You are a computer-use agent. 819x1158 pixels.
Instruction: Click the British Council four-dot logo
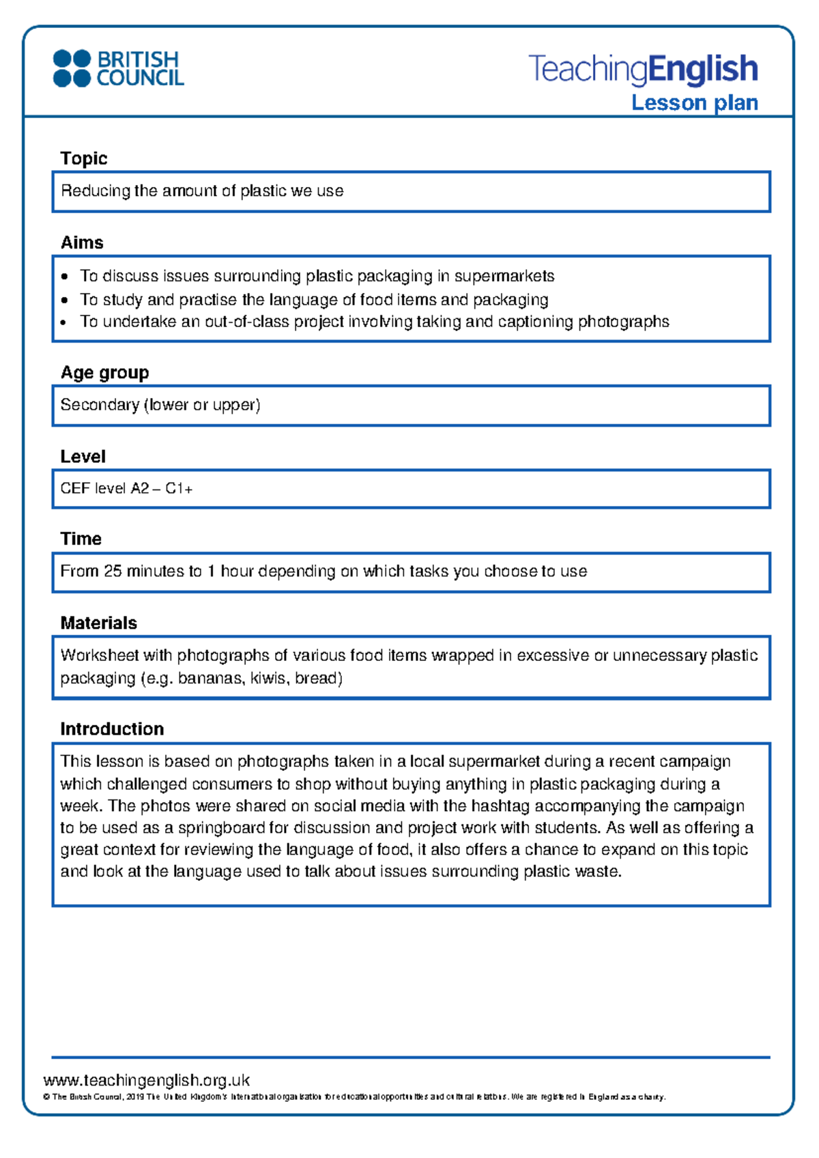coord(72,68)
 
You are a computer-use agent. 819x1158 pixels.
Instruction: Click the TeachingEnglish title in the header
coord(643,70)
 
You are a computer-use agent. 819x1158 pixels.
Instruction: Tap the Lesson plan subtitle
coord(694,103)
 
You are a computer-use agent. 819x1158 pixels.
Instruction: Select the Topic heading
coord(83,158)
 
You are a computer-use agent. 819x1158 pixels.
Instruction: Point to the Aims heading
coord(82,243)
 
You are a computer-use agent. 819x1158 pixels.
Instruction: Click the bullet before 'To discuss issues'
coord(64,277)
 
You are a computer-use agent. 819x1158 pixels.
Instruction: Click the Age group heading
coord(104,373)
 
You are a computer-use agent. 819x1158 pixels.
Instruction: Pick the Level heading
coord(83,457)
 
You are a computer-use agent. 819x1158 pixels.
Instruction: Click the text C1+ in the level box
coord(179,489)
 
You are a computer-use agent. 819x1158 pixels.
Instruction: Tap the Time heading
coord(81,539)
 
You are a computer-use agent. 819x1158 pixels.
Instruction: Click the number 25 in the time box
coord(113,571)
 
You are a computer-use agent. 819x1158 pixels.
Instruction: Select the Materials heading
coord(98,623)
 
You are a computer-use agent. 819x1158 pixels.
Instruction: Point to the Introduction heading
coord(112,729)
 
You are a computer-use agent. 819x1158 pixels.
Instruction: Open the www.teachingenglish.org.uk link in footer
coord(146,1080)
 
